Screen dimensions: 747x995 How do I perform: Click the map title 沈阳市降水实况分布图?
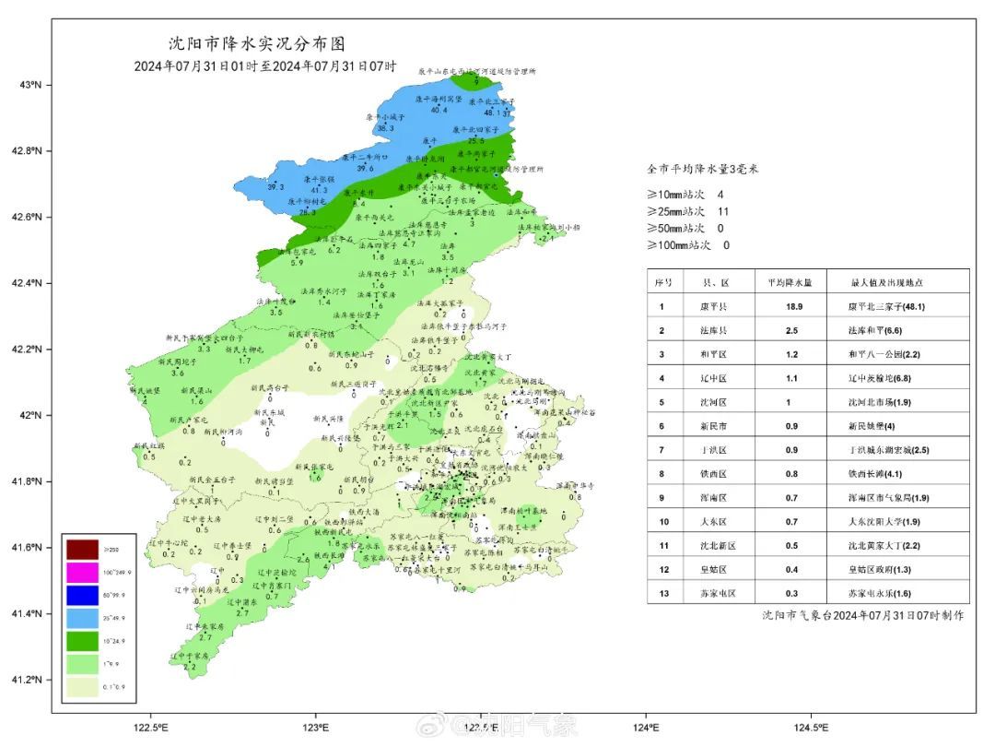click(x=259, y=43)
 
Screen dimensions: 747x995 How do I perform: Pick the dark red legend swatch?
click(x=81, y=551)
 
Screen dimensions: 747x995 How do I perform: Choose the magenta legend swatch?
click(x=81, y=574)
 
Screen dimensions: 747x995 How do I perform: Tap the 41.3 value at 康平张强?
click(x=320, y=190)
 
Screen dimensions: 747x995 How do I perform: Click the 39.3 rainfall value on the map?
click(x=275, y=187)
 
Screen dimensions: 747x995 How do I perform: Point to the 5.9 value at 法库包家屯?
click(x=297, y=263)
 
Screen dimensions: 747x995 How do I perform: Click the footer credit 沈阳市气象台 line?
click(x=862, y=615)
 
